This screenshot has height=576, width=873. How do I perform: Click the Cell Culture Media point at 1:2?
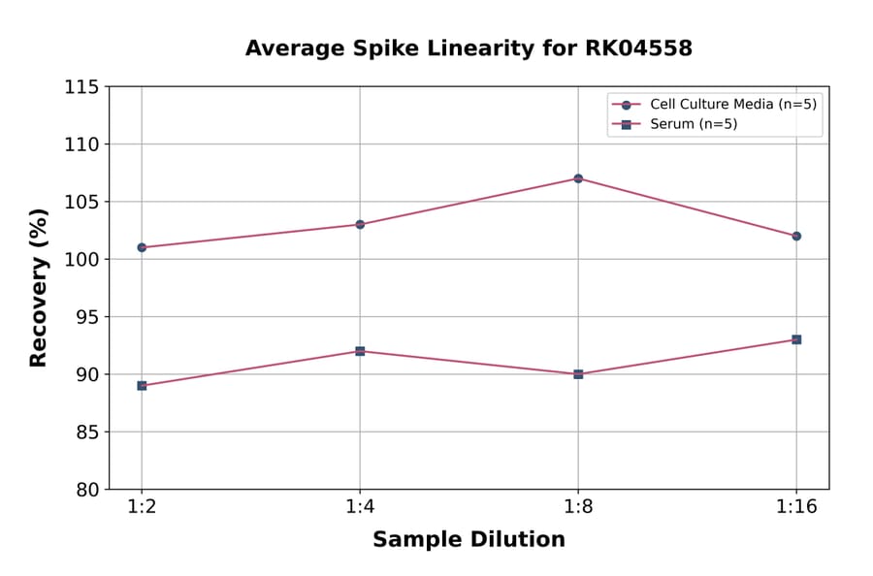pyautogui.click(x=142, y=247)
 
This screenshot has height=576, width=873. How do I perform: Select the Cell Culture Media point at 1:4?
pyautogui.click(x=360, y=224)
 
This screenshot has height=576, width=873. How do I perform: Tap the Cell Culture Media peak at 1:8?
pyautogui.click(x=578, y=178)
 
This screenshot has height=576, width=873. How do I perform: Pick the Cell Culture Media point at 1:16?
pyautogui.click(x=796, y=236)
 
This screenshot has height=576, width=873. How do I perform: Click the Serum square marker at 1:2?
pyautogui.click(x=142, y=385)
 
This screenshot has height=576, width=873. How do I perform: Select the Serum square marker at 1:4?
pyautogui.click(x=360, y=351)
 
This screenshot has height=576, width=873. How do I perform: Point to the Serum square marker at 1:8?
pyautogui.click(x=578, y=373)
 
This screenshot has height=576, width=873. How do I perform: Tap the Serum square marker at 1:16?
pyautogui.click(x=796, y=339)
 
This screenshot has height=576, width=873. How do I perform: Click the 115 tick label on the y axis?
pyautogui.click(x=81, y=87)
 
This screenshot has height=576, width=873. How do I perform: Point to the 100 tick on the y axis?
pyautogui.click(x=81, y=260)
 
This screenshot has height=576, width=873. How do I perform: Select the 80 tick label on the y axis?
pyautogui.click(x=87, y=490)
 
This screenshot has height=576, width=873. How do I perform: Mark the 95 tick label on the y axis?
pyautogui.click(x=87, y=317)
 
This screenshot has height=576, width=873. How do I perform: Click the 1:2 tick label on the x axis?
pyautogui.click(x=142, y=507)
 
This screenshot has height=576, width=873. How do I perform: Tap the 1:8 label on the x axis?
pyautogui.click(x=578, y=507)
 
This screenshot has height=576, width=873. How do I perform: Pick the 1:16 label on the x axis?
pyautogui.click(x=796, y=507)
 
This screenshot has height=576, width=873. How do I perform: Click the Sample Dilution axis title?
pyautogui.click(x=469, y=540)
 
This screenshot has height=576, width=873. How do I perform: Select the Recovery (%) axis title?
pyautogui.click(x=39, y=287)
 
